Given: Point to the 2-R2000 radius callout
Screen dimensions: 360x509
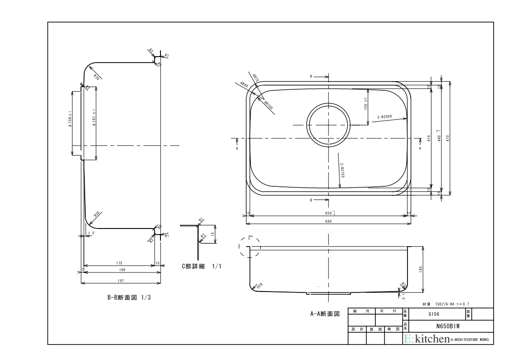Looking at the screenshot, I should click(384, 117).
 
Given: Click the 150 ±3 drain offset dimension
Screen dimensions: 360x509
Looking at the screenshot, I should click(365, 102).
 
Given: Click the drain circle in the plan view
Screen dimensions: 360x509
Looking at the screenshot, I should click(329, 125).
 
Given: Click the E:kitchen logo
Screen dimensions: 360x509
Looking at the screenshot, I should click(427, 339).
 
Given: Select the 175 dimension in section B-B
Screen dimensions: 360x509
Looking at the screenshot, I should click(119, 263).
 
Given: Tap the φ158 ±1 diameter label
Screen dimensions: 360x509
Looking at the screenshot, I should click(70, 119).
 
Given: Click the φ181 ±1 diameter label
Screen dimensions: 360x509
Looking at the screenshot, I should click(93, 119).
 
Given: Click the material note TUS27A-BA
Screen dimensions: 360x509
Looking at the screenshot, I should click(448, 304).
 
